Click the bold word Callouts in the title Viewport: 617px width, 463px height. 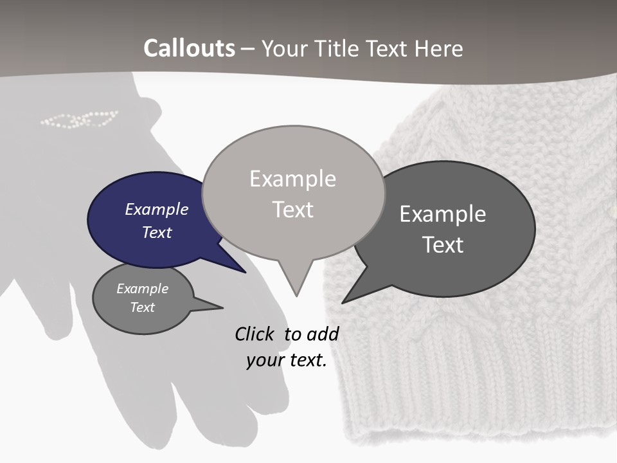[189, 48]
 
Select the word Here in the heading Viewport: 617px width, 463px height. [440, 48]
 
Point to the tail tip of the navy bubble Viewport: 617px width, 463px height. [244, 271]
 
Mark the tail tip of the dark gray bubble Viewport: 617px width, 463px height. [344, 302]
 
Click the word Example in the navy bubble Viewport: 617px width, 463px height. [156, 210]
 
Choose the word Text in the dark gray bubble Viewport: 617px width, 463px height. [443, 245]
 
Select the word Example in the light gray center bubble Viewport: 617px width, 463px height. [292, 179]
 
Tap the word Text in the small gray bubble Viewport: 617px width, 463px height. [143, 307]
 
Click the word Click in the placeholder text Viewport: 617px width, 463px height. [256, 334]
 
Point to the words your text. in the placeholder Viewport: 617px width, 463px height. [286, 360]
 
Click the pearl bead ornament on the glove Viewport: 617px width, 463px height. [79, 119]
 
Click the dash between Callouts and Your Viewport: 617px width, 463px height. [248, 49]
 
